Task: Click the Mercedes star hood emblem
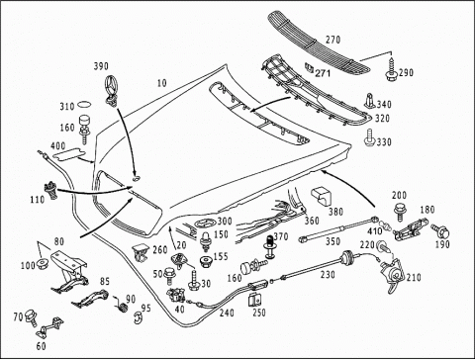112,89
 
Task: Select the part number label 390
101,66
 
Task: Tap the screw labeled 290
391,70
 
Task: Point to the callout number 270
332,40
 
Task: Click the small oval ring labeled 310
84,105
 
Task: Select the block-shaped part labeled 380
321,197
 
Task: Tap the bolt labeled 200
400,212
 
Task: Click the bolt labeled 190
440,231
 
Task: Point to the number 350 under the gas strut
332,241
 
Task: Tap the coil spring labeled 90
122,306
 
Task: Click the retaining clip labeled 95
138,317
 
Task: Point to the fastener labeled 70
32,317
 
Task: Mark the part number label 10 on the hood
161,83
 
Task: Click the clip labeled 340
370,101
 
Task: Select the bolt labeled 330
369,138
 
